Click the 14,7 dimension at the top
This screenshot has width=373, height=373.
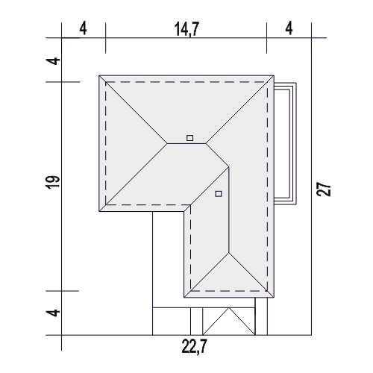(187, 29)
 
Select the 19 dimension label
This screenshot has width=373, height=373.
(54, 183)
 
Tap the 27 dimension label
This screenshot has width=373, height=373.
(324, 189)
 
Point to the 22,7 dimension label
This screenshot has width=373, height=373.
(194, 346)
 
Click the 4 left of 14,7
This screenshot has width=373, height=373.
(84, 28)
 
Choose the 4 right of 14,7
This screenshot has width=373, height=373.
(289, 28)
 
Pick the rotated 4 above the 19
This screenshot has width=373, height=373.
(54, 61)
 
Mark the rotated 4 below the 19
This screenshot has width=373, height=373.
(54, 313)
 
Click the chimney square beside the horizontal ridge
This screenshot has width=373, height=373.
(190, 138)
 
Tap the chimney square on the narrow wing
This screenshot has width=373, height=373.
(219, 194)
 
